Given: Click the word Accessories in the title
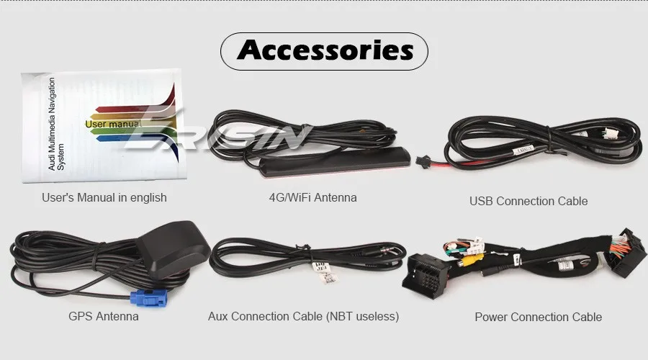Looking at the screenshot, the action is [325, 50].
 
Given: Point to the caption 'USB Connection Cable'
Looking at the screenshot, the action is [528, 201].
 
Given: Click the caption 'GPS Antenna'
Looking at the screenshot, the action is [104, 316].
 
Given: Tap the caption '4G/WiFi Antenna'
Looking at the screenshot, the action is [307, 197].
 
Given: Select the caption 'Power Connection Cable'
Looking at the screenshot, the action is [538, 317].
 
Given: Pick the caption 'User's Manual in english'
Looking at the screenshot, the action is [104, 197].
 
